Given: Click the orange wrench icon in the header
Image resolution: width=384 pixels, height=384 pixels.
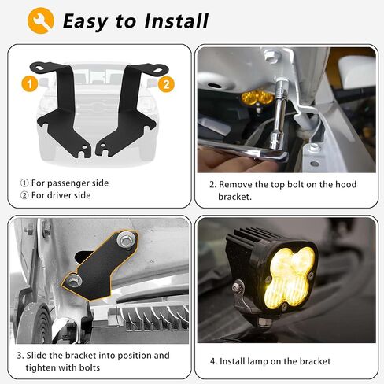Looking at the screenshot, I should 40,20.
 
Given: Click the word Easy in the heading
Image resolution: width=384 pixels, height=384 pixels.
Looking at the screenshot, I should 87,20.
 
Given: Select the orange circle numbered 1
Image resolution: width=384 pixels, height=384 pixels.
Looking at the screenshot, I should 28,82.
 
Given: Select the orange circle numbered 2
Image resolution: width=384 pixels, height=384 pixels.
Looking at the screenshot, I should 164,82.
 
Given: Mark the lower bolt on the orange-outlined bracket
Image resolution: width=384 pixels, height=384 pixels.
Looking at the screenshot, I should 73,279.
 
